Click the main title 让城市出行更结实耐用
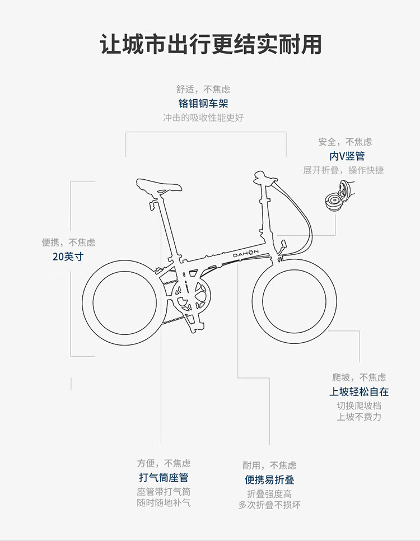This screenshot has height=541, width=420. [211, 44]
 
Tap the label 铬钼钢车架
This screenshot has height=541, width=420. [203, 104]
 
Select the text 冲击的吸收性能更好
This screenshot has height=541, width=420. [203, 118]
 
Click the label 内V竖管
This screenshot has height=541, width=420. [347, 156]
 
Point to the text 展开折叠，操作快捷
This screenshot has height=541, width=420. [344, 170]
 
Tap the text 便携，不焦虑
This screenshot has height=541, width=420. [68, 242]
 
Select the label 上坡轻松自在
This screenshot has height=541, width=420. [359, 392]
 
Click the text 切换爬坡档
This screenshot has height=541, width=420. [359, 406]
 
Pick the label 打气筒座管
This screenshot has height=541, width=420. [164, 478]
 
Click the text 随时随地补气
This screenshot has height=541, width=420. [164, 503]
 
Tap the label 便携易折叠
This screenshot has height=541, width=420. [269, 480]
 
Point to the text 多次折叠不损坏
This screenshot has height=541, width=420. [269, 505]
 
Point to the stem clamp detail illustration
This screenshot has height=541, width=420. [338, 198]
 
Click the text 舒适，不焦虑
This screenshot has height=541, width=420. [203, 89]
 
